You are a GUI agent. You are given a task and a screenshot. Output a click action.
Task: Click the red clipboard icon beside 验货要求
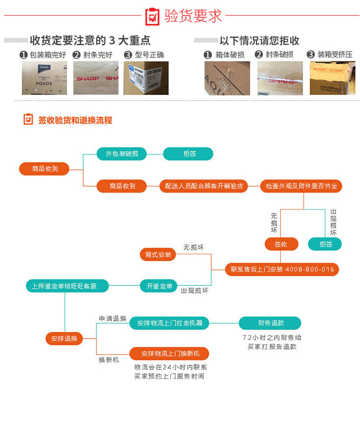point(152,16)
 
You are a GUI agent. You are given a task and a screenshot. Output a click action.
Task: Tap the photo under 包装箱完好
point(44,78)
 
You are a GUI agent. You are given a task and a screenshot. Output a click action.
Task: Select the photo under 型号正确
point(146,78)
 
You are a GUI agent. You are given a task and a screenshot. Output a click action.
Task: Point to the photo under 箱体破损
point(227,78)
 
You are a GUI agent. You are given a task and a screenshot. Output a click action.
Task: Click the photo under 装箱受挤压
point(333,78)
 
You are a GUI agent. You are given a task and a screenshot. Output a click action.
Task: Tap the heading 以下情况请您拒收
point(259,41)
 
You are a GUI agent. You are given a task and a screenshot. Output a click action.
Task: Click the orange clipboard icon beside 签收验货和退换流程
point(28,119)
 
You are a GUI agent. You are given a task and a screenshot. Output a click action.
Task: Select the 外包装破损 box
point(122,154)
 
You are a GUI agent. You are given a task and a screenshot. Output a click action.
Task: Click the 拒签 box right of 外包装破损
point(188,154)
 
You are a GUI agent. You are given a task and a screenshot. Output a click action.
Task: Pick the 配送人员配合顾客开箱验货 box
point(204,186)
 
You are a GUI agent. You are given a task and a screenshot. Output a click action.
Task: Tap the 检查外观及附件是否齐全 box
point(301,186)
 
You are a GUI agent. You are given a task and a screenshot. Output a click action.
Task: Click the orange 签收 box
point(281,244)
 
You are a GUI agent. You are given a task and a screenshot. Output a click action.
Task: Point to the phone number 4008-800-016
point(310,269)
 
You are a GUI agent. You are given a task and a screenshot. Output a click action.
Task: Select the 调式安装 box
point(158,255)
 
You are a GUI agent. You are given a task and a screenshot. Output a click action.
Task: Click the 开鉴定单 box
point(159,286)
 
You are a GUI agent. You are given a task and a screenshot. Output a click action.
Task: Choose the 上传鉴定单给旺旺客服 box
point(67,286)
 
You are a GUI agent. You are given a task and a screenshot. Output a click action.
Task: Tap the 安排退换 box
point(64,339)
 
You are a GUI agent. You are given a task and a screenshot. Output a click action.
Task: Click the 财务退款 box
point(270,323)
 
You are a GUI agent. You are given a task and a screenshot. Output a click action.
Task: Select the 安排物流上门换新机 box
point(169,353)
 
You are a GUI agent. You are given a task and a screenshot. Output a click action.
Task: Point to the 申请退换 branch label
point(113,318)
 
